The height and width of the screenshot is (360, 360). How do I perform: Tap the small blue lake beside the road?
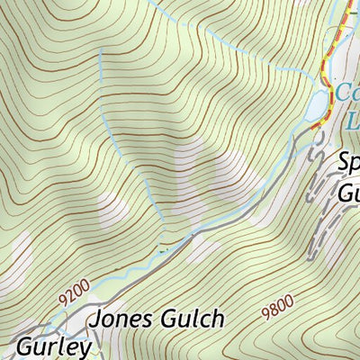coord(318,107)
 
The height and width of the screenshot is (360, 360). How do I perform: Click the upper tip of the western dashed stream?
coord(100,49)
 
